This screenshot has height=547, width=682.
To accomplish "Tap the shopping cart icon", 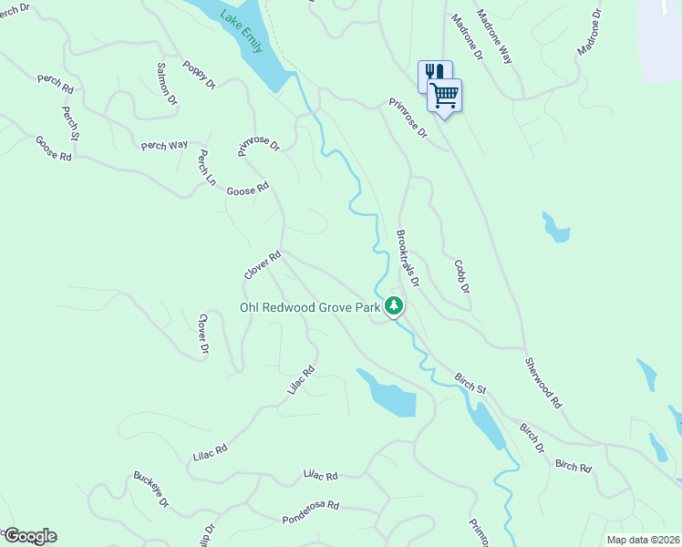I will point(445,94).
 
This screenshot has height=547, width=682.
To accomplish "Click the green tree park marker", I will point(394,305).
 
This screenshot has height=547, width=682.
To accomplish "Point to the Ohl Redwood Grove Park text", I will point(309,308).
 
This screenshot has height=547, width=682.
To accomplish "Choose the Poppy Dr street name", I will point(199,75).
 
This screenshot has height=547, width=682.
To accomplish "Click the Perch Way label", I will point(164,145).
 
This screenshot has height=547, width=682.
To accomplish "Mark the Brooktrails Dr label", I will point(408,253).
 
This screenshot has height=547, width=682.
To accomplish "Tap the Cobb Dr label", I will point(461,276).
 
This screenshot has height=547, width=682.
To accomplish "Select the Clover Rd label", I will point(263,264).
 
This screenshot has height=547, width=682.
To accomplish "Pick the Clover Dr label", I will point(203,335).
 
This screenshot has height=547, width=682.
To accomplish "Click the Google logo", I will point(30,536).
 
